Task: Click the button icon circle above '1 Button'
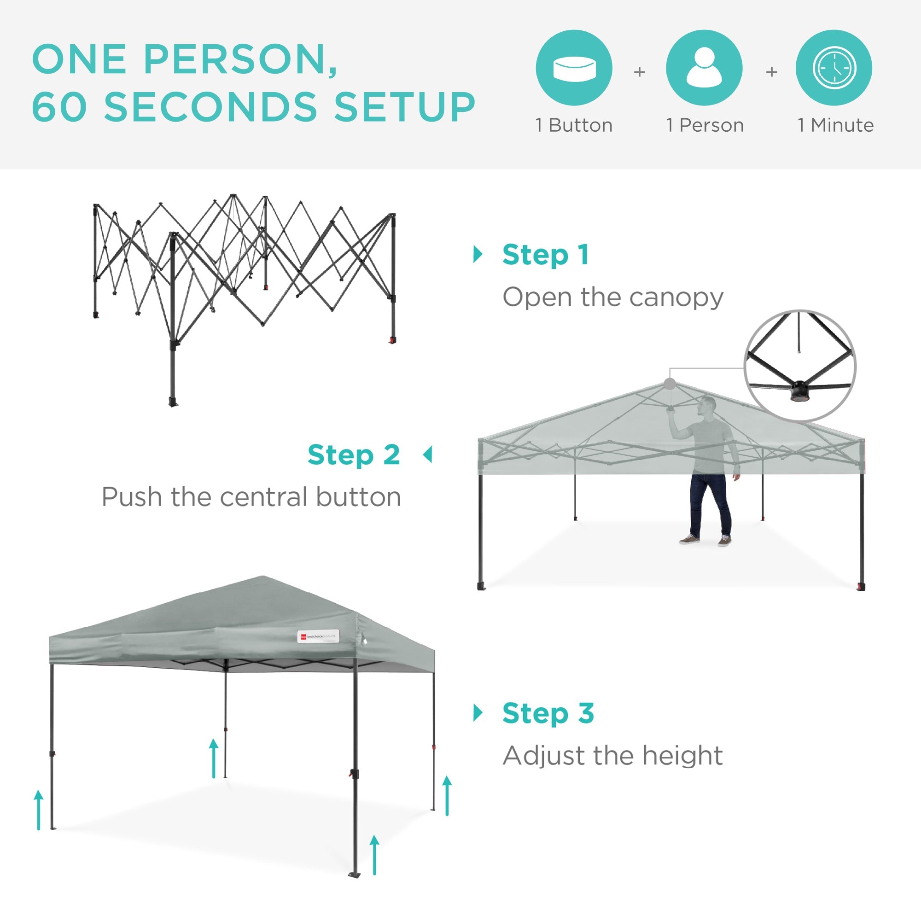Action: tap(574, 68)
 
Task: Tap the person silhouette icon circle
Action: tap(704, 68)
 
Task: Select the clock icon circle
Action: tap(834, 68)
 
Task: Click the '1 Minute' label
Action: tap(836, 125)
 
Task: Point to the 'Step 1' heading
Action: tap(545, 255)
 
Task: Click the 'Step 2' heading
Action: tap(354, 455)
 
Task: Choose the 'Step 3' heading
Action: tap(548, 713)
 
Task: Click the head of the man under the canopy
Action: tap(708, 405)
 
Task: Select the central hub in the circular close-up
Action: tap(799, 389)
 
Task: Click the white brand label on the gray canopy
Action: tap(318, 636)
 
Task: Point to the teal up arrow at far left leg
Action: tap(39, 810)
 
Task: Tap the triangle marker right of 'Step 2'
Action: tap(428, 455)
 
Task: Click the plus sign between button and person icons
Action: tap(639, 72)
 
